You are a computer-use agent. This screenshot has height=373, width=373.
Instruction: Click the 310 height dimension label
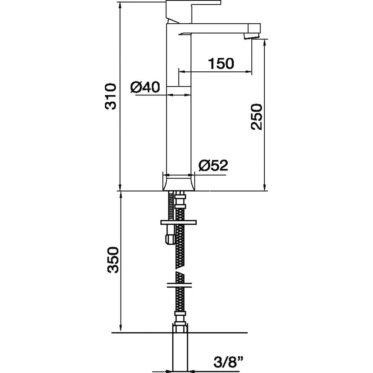(x=111, y=96)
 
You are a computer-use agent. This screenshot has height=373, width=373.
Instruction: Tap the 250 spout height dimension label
(x=256, y=117)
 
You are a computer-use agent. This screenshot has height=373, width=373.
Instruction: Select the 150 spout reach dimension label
(x=221, y=63)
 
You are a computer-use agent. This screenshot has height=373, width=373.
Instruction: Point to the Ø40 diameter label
(x=145, y=87)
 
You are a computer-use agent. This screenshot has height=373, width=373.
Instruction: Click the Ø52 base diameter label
(x=213, y=165)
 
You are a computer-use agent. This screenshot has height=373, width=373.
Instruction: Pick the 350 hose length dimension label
(x=113, y=260)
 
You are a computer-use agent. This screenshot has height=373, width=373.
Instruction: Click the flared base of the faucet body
(x=178, y=182)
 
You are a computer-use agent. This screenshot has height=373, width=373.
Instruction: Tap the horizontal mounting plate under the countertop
(x=178, y=222)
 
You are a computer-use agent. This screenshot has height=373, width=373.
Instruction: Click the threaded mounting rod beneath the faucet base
(x=171, y=205)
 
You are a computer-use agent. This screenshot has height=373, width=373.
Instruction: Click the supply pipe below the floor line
(x=180, y=353)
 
